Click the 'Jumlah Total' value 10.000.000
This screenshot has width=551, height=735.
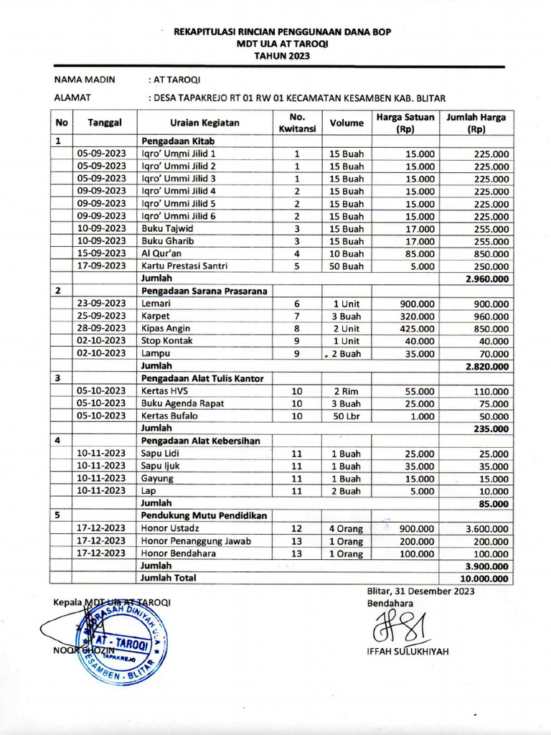pos(485,578)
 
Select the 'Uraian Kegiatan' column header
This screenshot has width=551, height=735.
pos(204,123)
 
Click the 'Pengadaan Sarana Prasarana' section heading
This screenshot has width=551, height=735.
pos(204,291)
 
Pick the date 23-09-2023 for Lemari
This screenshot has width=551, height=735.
pos(102,304)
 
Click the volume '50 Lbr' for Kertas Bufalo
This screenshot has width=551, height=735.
pos(347,416)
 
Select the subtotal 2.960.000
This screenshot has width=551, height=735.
pos(486,278)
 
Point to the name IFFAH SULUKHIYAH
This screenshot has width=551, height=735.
pos(407,651)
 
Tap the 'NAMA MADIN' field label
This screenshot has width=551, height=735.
pos(85,80)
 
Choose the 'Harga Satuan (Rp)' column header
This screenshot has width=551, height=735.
pos(405,123)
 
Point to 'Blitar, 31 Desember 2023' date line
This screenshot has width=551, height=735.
pos(420,591)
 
